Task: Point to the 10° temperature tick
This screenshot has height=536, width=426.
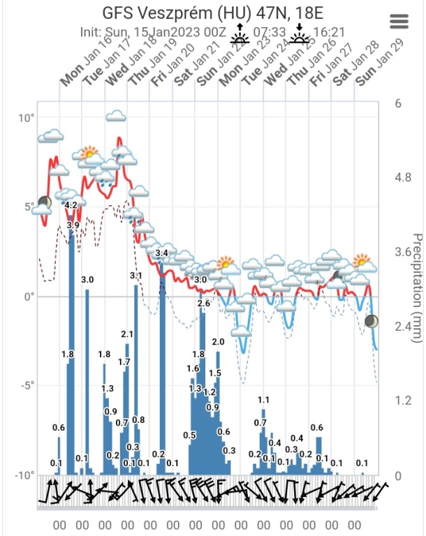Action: tap(27, 117)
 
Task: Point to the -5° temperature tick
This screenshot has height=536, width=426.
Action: tap(27, 385)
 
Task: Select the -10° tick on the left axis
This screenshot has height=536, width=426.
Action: tap(25, 475)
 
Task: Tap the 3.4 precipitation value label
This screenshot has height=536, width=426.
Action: tap(162, 253)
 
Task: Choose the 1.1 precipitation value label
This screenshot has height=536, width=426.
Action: tap(263, 400)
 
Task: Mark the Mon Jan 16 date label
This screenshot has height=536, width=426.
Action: tap(78, 70)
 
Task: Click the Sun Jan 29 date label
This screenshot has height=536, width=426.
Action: tap(374, 70)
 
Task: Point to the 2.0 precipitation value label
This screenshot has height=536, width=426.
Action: tap(218, 342)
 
